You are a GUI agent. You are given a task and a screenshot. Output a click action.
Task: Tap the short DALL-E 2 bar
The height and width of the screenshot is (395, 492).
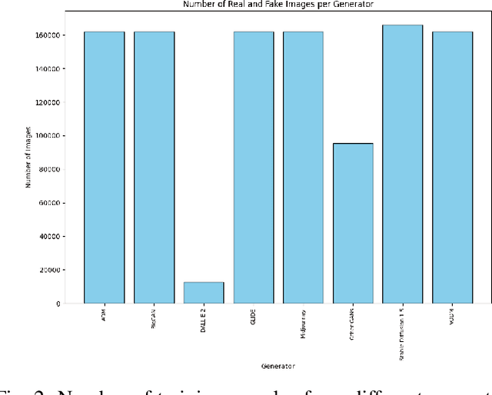tap(204, 293)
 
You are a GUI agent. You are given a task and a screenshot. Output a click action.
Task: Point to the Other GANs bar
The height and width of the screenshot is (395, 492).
tap(353, 224)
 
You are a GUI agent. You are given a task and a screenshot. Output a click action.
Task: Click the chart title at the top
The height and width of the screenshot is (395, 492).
tap(278, 5)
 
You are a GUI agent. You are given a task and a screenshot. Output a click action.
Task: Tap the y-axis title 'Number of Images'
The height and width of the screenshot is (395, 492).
tap(28, 158)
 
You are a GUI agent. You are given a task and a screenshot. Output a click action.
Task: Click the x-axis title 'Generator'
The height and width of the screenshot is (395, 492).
tap(278, 366)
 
